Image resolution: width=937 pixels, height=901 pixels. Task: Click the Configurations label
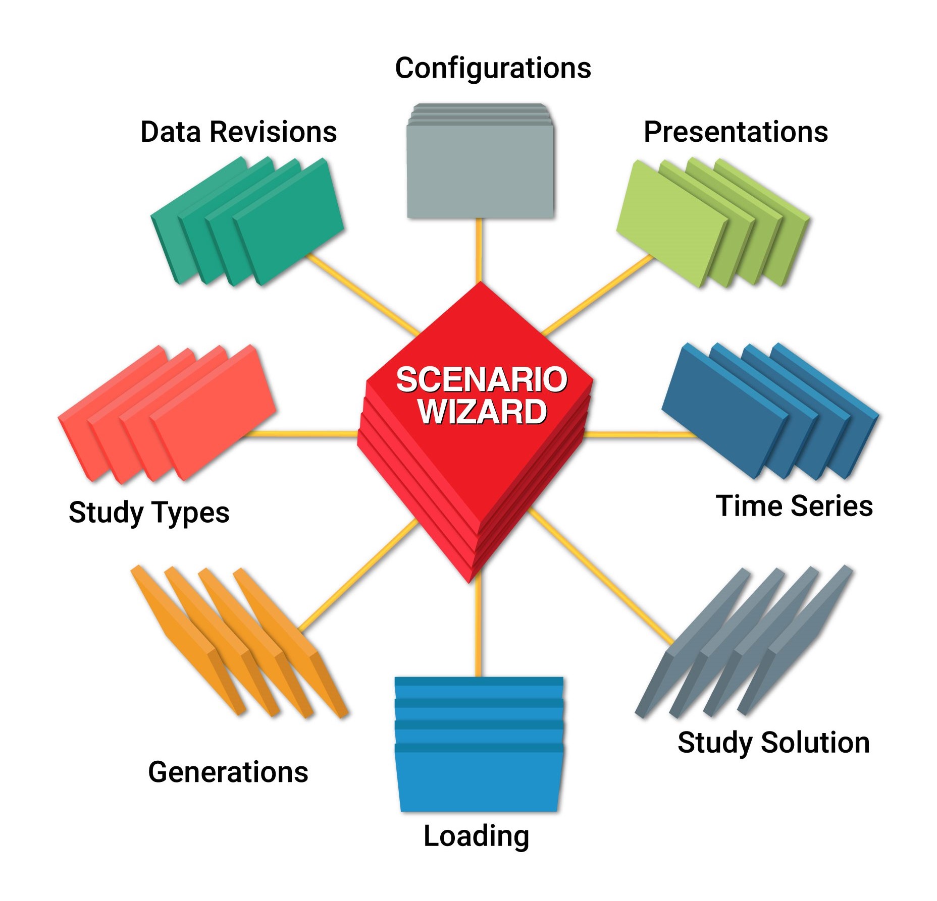point(493,68)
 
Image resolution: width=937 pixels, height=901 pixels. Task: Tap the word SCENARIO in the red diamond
point(482,379)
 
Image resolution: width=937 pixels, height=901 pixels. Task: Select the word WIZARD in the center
point(482,412)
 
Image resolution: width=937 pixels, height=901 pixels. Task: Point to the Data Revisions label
point(238,132)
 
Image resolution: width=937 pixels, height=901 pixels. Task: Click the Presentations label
point(736,132)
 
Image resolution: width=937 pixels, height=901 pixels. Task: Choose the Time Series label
point(794,506)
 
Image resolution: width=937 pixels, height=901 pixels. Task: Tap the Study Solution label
point(773,743)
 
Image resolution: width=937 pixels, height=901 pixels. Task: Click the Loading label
point(476,836)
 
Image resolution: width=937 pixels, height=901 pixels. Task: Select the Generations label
point(228,772)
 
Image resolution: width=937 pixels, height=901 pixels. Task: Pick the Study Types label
point(149,513)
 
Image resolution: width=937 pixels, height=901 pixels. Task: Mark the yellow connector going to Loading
point(478,626)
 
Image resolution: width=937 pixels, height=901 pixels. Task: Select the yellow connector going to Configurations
point(479,250)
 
